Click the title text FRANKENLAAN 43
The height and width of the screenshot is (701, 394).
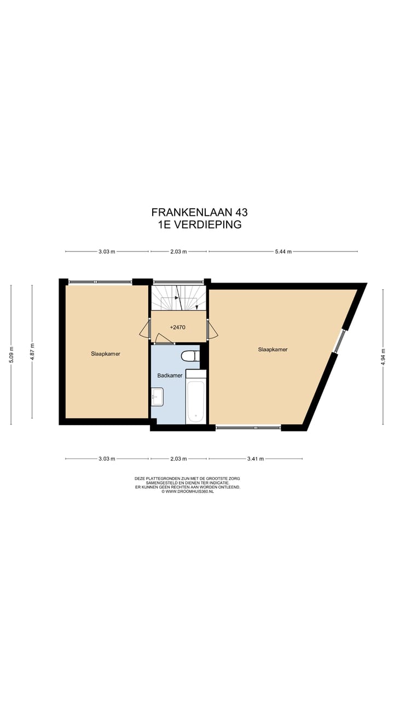click(195, 212)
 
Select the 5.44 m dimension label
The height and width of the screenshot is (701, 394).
click(283, 252)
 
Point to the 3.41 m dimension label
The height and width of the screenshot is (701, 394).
click(255, 459)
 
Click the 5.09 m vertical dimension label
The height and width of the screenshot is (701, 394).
click(11, 354)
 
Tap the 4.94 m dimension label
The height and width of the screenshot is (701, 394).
click(383, 355)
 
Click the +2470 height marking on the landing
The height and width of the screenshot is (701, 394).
click(178, 327)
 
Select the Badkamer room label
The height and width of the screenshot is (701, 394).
click(170, 376)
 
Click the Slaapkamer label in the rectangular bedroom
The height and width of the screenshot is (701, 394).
click(106, 354)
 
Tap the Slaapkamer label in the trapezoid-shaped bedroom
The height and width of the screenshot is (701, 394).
click(273, 349)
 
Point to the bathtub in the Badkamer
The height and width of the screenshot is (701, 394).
click(195, 401)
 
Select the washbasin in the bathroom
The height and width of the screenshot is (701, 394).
click(157, 397)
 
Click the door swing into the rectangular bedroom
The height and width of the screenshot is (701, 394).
click(145, 329)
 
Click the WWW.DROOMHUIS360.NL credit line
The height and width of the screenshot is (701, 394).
click(187, 492)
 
